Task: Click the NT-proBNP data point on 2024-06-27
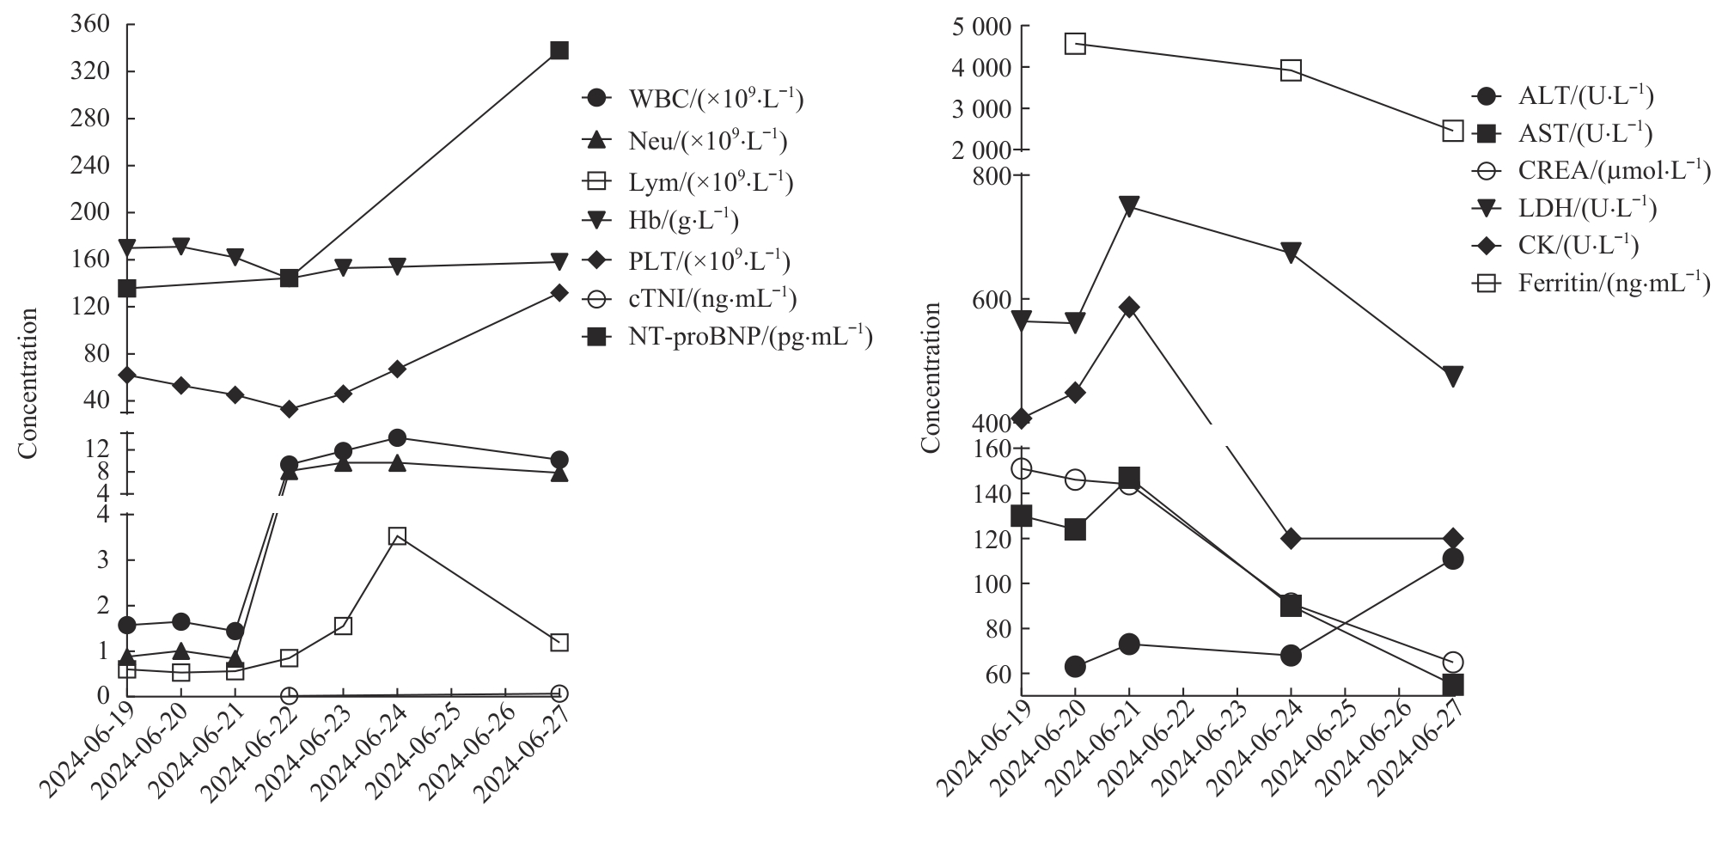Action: click(x=559, y=51)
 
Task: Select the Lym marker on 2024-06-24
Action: click(x=397, y=536)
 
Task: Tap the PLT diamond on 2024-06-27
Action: click(x=559, y=293)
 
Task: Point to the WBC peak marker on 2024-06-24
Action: click(x=397, y=438)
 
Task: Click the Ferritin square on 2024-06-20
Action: click(x=1075, y=44)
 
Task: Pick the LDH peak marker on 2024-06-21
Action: click(x=1129, y=206)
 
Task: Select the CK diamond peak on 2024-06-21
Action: click(x=1129, y=308)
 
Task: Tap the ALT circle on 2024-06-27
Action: click(x=1453, y=559)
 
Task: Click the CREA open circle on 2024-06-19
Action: click(x=1021, y=468)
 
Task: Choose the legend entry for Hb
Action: click(x=683, y=221)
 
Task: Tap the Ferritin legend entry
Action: click(x=1613, y=284)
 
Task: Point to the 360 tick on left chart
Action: click(x=89, y=24)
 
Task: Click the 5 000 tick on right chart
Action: click(x=979, y=27)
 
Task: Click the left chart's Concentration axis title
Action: click(x=29, y=383)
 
